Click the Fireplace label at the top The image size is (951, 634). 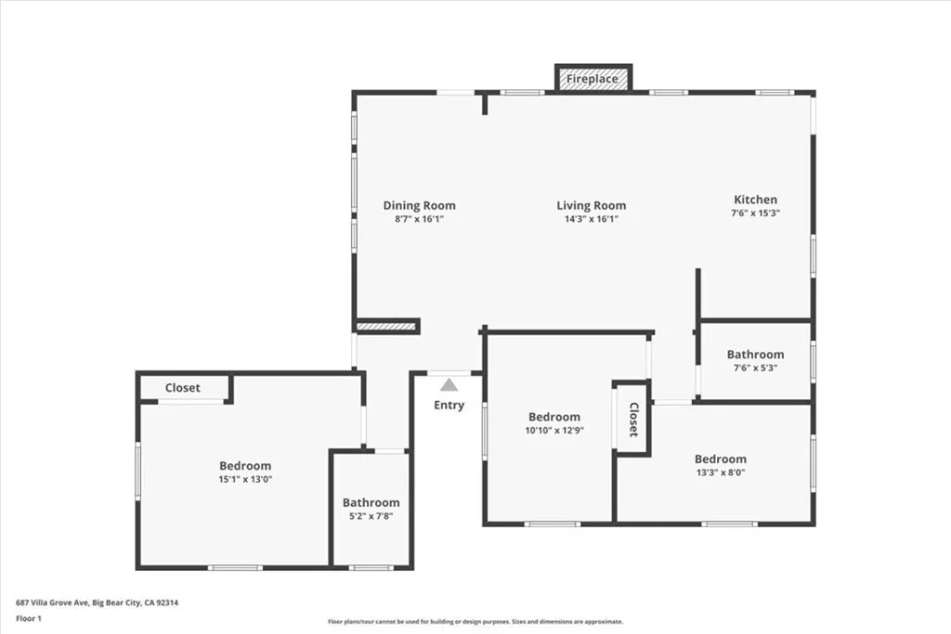click(592, 79)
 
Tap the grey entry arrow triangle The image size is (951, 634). click(449, 385)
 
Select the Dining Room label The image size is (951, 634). click(419, 205)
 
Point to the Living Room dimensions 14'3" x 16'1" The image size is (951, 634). click(592, 219)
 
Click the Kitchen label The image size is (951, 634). click(755, 200)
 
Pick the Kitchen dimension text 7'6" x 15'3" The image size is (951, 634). click(755, 213)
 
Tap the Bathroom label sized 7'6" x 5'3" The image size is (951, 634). click(755, 355)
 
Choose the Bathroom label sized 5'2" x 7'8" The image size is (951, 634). click(371, 502)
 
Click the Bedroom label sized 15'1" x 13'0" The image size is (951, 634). click(245, 465)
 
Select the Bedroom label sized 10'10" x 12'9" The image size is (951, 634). click(554, 417)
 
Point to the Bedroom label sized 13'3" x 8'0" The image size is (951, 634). click(721, 459)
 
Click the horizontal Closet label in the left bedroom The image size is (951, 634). click(183, 388)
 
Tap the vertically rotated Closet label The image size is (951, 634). click(633, 420)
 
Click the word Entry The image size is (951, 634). click(449, 405)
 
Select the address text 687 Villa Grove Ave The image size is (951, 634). click(52, 602)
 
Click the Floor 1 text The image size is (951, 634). click(29, 618)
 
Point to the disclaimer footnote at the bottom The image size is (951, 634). click(475, 621)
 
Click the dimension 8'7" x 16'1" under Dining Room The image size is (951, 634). click(419, 219)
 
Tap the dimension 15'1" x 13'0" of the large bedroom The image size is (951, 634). click(245, 479)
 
